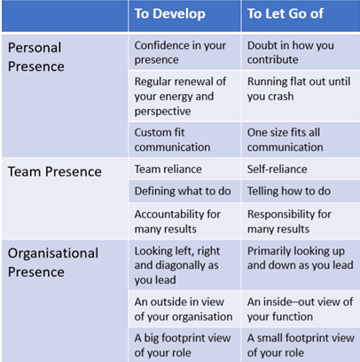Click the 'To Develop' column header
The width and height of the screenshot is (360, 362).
click(169, 14)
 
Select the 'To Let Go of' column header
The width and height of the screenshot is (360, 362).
click(286, 14)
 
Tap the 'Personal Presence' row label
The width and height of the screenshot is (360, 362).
click(36, 57)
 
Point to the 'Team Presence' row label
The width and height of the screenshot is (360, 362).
click(55, 172)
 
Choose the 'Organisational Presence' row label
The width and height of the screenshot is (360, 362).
click(53, 263)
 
